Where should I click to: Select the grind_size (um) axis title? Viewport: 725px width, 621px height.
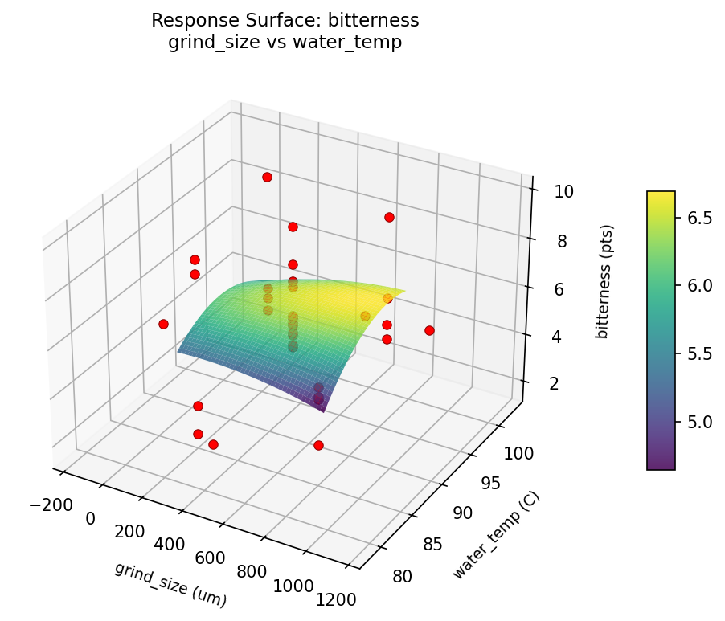pyautogui.click(x=170, y=584)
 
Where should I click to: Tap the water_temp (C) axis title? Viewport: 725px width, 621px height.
pyautogui.click(x=496, y=535)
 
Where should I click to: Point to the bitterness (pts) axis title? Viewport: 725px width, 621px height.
pyautogui.click(x=602, y=281)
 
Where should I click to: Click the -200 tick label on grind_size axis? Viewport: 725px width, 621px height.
pyautogui.click(x=50, y=505)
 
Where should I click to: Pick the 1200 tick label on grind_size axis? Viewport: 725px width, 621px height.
pyautogui.click(x=336, y=599)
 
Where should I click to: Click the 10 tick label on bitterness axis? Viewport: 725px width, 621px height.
pyautogui.click(x=563, y=191)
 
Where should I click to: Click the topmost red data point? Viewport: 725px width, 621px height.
pyautogui.click(x=267, y=177)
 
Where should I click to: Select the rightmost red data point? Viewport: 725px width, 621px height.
pyautogui.click(x=429, y=330)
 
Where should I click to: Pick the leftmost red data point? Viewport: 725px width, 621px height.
pyautogui.click(x=163, y=324)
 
